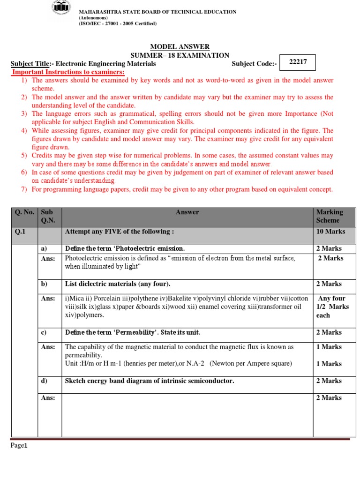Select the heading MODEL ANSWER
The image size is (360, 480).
pyautogui.click(x=180, y=47)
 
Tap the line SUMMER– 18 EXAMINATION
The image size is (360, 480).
pyautogui.click(x=180, y=55)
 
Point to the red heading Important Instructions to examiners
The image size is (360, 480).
pyautogui.click(x=68, y=72)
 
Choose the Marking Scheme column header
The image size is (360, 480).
pyautogui.click(x=330, y=216)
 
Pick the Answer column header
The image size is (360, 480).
pyautogui.click(x=187, y=212)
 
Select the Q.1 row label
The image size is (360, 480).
pyautogui.click(x=19, y=232)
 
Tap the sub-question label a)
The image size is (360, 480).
pyautogui.click(x=44, y=248)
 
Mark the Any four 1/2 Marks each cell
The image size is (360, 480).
pyautogui.click(x=331, y=307)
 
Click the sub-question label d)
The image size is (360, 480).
pyautogui.click(x=44, y=381)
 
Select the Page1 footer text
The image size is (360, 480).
pyautogui.click(x=20, y=446)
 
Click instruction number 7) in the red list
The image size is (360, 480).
pyautogui.click(x=24, y=189)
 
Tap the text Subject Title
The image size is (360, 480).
pyautogui.click(x=30, y=64)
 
